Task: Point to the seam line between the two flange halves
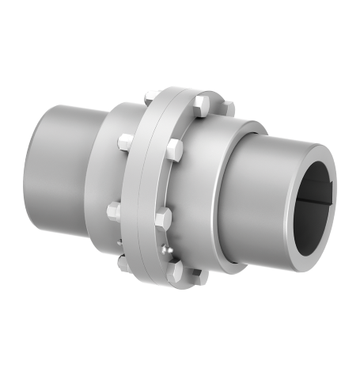click(153, 190)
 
